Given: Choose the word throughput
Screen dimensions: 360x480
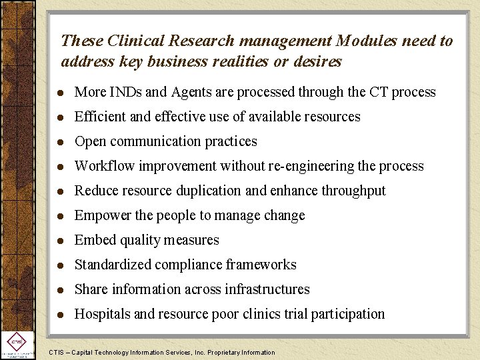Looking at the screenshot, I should click(353, 191).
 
